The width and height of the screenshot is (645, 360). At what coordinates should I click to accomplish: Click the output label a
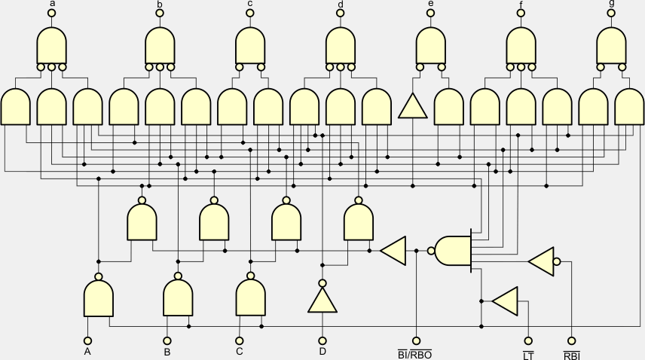tap(52, 4)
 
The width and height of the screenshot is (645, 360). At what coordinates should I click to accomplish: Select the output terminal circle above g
tap(611, 13)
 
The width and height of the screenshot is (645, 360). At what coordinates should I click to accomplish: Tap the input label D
tap(322, 351)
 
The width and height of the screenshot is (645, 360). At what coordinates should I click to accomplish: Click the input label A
tap(87, 351)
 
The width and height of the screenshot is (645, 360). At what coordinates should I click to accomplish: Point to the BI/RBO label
tap(414, 352)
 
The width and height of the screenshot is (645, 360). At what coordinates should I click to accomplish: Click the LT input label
tap(527, 352)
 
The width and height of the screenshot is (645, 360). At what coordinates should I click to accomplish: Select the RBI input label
tap(571, 352)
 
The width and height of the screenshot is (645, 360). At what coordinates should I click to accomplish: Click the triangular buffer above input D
tap(322, 301)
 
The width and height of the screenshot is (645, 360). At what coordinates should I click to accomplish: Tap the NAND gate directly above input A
tap(99, 298)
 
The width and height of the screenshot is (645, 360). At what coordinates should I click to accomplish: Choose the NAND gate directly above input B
tap(178, 297)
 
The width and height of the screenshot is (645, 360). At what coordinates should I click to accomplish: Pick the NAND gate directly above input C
tap(251, 297)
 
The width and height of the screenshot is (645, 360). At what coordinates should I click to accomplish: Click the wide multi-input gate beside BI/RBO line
tap(454, 251)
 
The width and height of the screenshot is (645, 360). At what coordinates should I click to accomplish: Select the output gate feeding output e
tap(431, 46)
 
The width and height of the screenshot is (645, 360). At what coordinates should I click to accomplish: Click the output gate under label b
tap(160, 46)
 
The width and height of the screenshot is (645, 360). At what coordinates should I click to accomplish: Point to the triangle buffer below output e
tap(413, 107)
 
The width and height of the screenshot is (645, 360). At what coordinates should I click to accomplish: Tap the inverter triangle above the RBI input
tap(542, 261)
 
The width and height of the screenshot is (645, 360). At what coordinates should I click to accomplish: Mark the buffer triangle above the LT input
tap(506, 301)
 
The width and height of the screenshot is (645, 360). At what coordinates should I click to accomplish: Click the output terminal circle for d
tap(341, 13)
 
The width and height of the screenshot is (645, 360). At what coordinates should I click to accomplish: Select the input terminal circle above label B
tap(167, 340)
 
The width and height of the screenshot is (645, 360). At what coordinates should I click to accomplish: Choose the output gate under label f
tap(521, 46)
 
